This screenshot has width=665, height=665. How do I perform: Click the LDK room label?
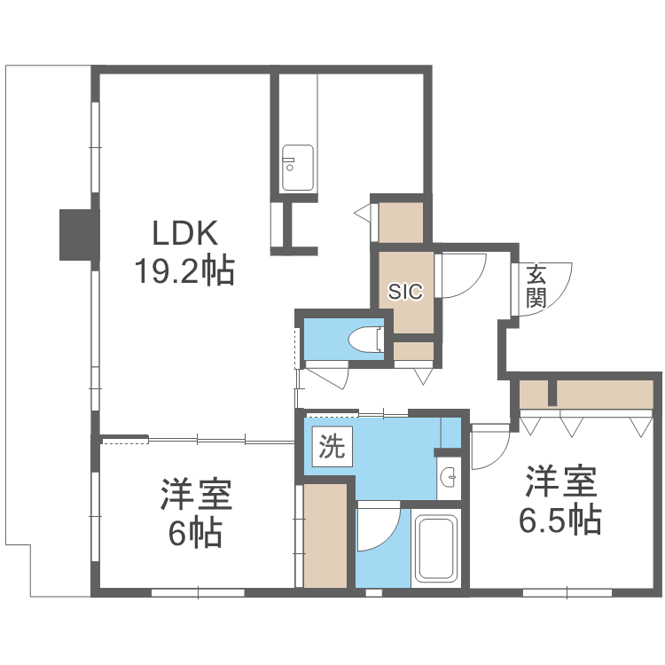click(184, 233)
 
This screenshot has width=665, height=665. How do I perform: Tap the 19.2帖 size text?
click(184, 270)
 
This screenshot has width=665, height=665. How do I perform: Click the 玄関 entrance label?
click(536, 286)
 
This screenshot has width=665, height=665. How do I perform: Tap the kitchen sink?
click(297, 167)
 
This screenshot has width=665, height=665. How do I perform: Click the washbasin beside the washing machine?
click(449, 479)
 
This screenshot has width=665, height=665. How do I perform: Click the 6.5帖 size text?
click(559, 519)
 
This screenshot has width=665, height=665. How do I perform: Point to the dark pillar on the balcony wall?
click(76, 235)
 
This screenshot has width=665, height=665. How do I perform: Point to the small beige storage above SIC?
click(401, 222)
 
